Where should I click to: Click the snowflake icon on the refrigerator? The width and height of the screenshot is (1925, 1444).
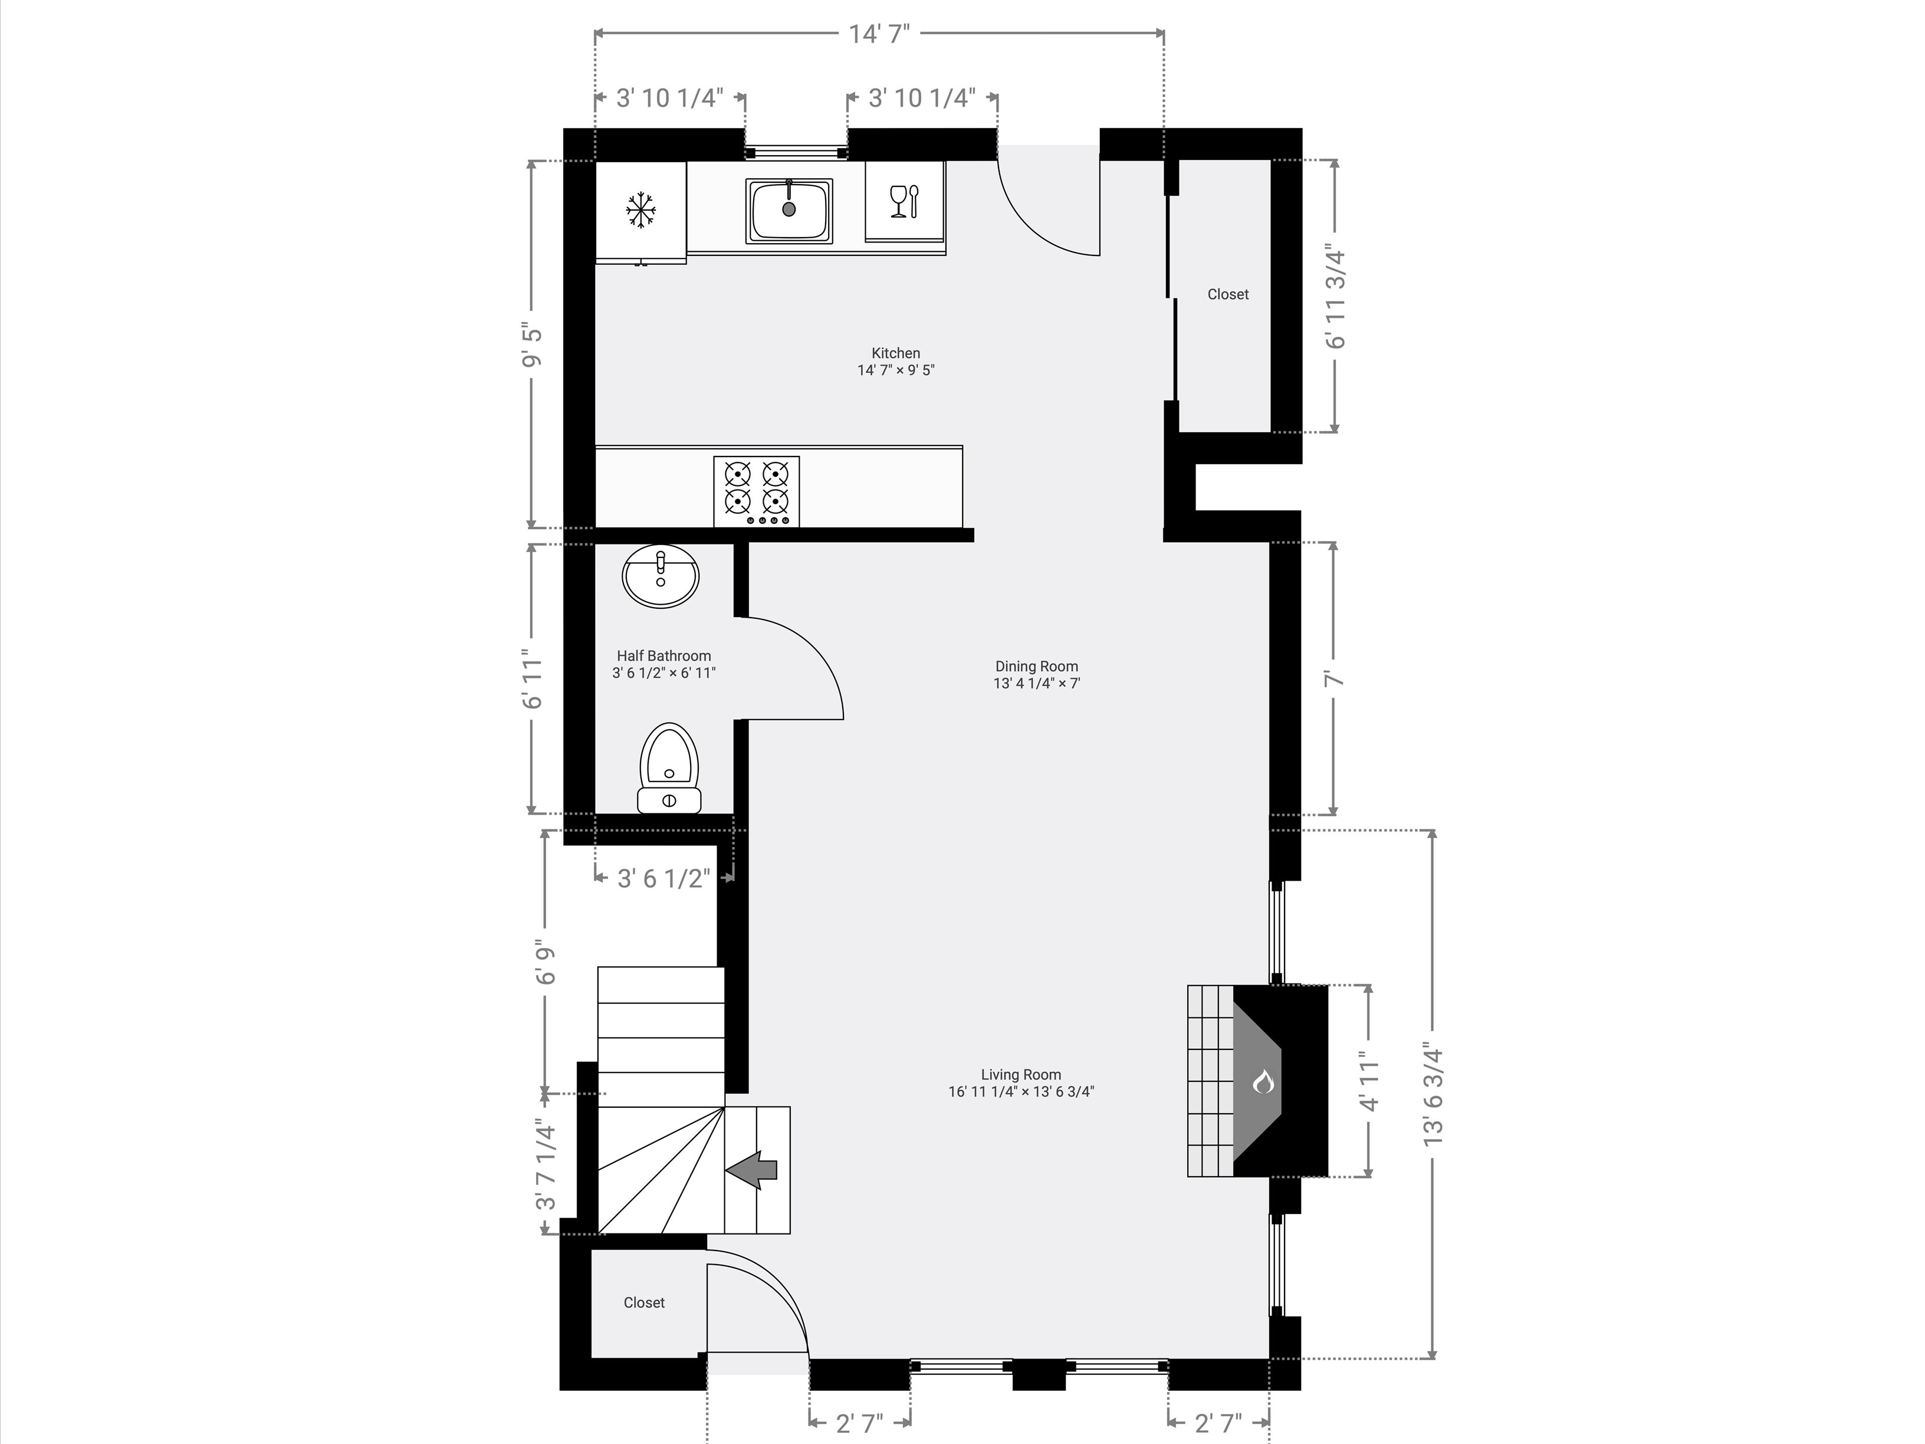click(640, 210)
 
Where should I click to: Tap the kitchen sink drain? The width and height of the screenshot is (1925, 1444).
click(789, 209)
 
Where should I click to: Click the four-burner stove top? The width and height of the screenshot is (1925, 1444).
click(756, 492)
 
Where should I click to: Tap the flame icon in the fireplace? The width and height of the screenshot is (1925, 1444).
click(1263, 1081)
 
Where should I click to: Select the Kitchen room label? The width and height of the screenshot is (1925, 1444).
click(895, 353)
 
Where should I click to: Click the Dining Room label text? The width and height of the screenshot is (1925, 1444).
click(1036, 667)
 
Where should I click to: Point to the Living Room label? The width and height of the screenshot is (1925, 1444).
click(1021, 1075)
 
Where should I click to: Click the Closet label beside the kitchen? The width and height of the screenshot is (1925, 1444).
click(1228, 295)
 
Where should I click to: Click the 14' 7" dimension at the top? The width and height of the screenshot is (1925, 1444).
click(879, 34)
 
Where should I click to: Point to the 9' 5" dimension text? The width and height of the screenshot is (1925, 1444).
click(533, 346)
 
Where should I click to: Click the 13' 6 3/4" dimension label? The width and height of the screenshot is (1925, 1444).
click(1433, 1094)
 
